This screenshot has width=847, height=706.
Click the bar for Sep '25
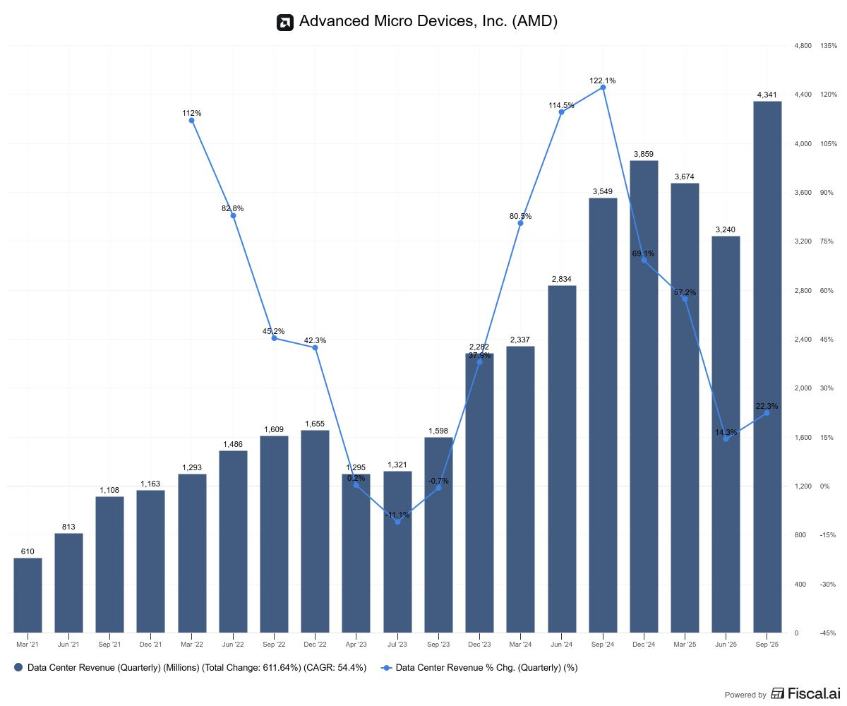[x=767, y=367]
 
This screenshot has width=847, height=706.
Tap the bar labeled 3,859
[x=644, y=396]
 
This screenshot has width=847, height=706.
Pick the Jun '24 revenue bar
[x=562, y=459]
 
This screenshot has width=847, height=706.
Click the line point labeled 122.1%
[x=603, y=88]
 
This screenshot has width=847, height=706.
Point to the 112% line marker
[x=191, y=121]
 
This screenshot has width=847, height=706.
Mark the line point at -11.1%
[x=397, y=522]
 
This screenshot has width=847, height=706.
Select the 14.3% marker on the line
[x=726, y=439]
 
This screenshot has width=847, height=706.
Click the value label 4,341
[x=767, y=95]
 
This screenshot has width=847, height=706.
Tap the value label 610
[x=28, y=551]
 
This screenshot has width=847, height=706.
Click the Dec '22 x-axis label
[x=315, y=644]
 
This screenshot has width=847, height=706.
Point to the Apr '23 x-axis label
[x=356, y=644]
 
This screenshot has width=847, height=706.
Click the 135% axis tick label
[x=828, y=46]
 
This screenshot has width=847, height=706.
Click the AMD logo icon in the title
[x=284, y=22]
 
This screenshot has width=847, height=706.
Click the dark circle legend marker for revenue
[x=18, y=667]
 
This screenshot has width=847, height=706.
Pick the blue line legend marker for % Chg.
[x=386, y=667]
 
